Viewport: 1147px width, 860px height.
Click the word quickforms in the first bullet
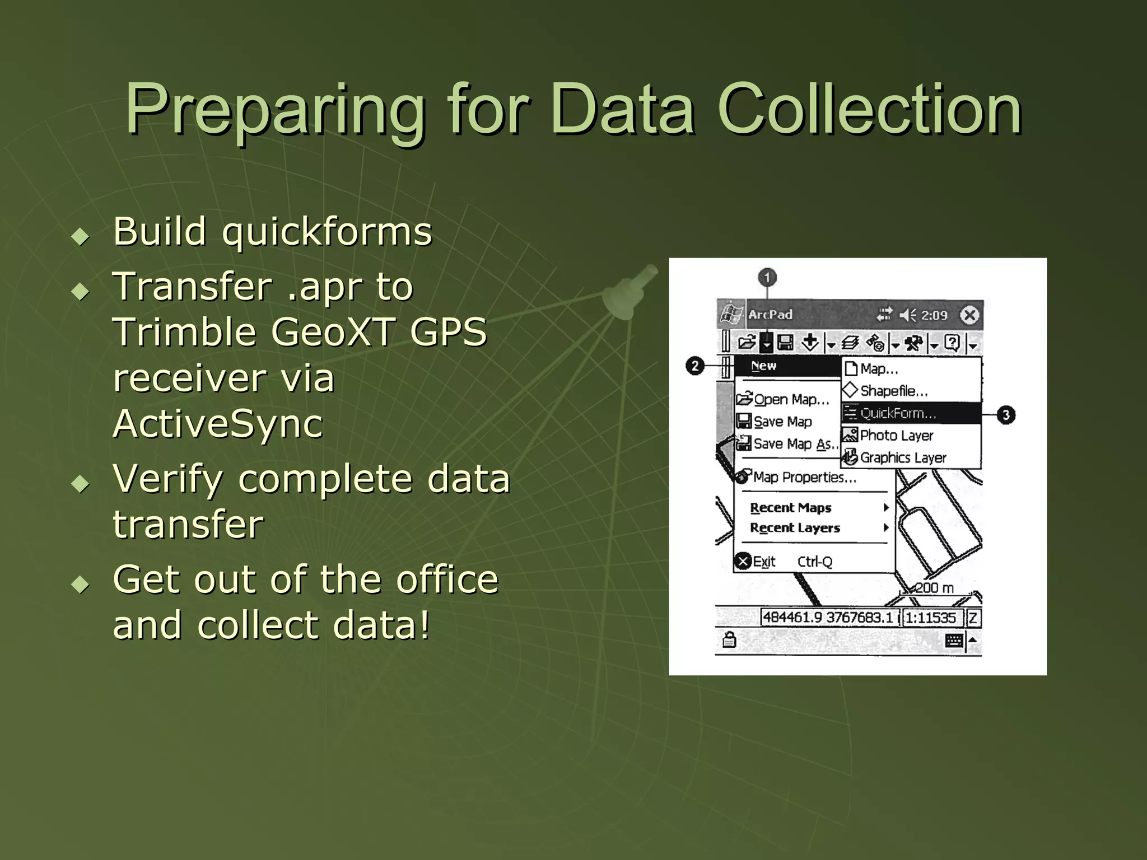pyautogui.click(x=328, y=232)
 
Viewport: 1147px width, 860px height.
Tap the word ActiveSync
pyautogui.click(x=218, y=424)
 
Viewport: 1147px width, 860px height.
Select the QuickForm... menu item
pyautogui.click(x=898, y=414)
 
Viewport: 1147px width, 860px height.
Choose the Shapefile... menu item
pyautogui.click(x=894, y=391)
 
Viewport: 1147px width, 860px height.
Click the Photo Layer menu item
pyautogui.click(x=896, y=436)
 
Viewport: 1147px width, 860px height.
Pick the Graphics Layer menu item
pyautogui.click(x=903, y=458)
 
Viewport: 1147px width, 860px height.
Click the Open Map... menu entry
pyautogui.click(x=791, y=400)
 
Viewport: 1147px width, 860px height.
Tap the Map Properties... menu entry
pyautogui.click(x=804, y=478)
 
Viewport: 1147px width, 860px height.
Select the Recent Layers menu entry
pyautogui.click(x=795, y=528)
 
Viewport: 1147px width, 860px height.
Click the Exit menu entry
pyautogui.click(x=764, y=562)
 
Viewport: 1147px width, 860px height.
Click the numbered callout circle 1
pyautogui.click(x=767, y=278)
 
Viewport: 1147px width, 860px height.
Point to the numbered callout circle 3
pyautogui.click(x=1006, y=415)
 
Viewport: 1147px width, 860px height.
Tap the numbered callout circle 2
pyautogui.click(x=695, y=366)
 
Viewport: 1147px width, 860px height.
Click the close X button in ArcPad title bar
pyautogui.click(x=969, y=315)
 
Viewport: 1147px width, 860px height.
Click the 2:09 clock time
pyautogui.click(x=934, y=316)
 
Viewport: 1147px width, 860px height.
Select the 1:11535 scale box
pyautogui.click(x=931, y=618)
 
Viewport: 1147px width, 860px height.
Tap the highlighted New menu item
pyautogui.click(x=764, y=366)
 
